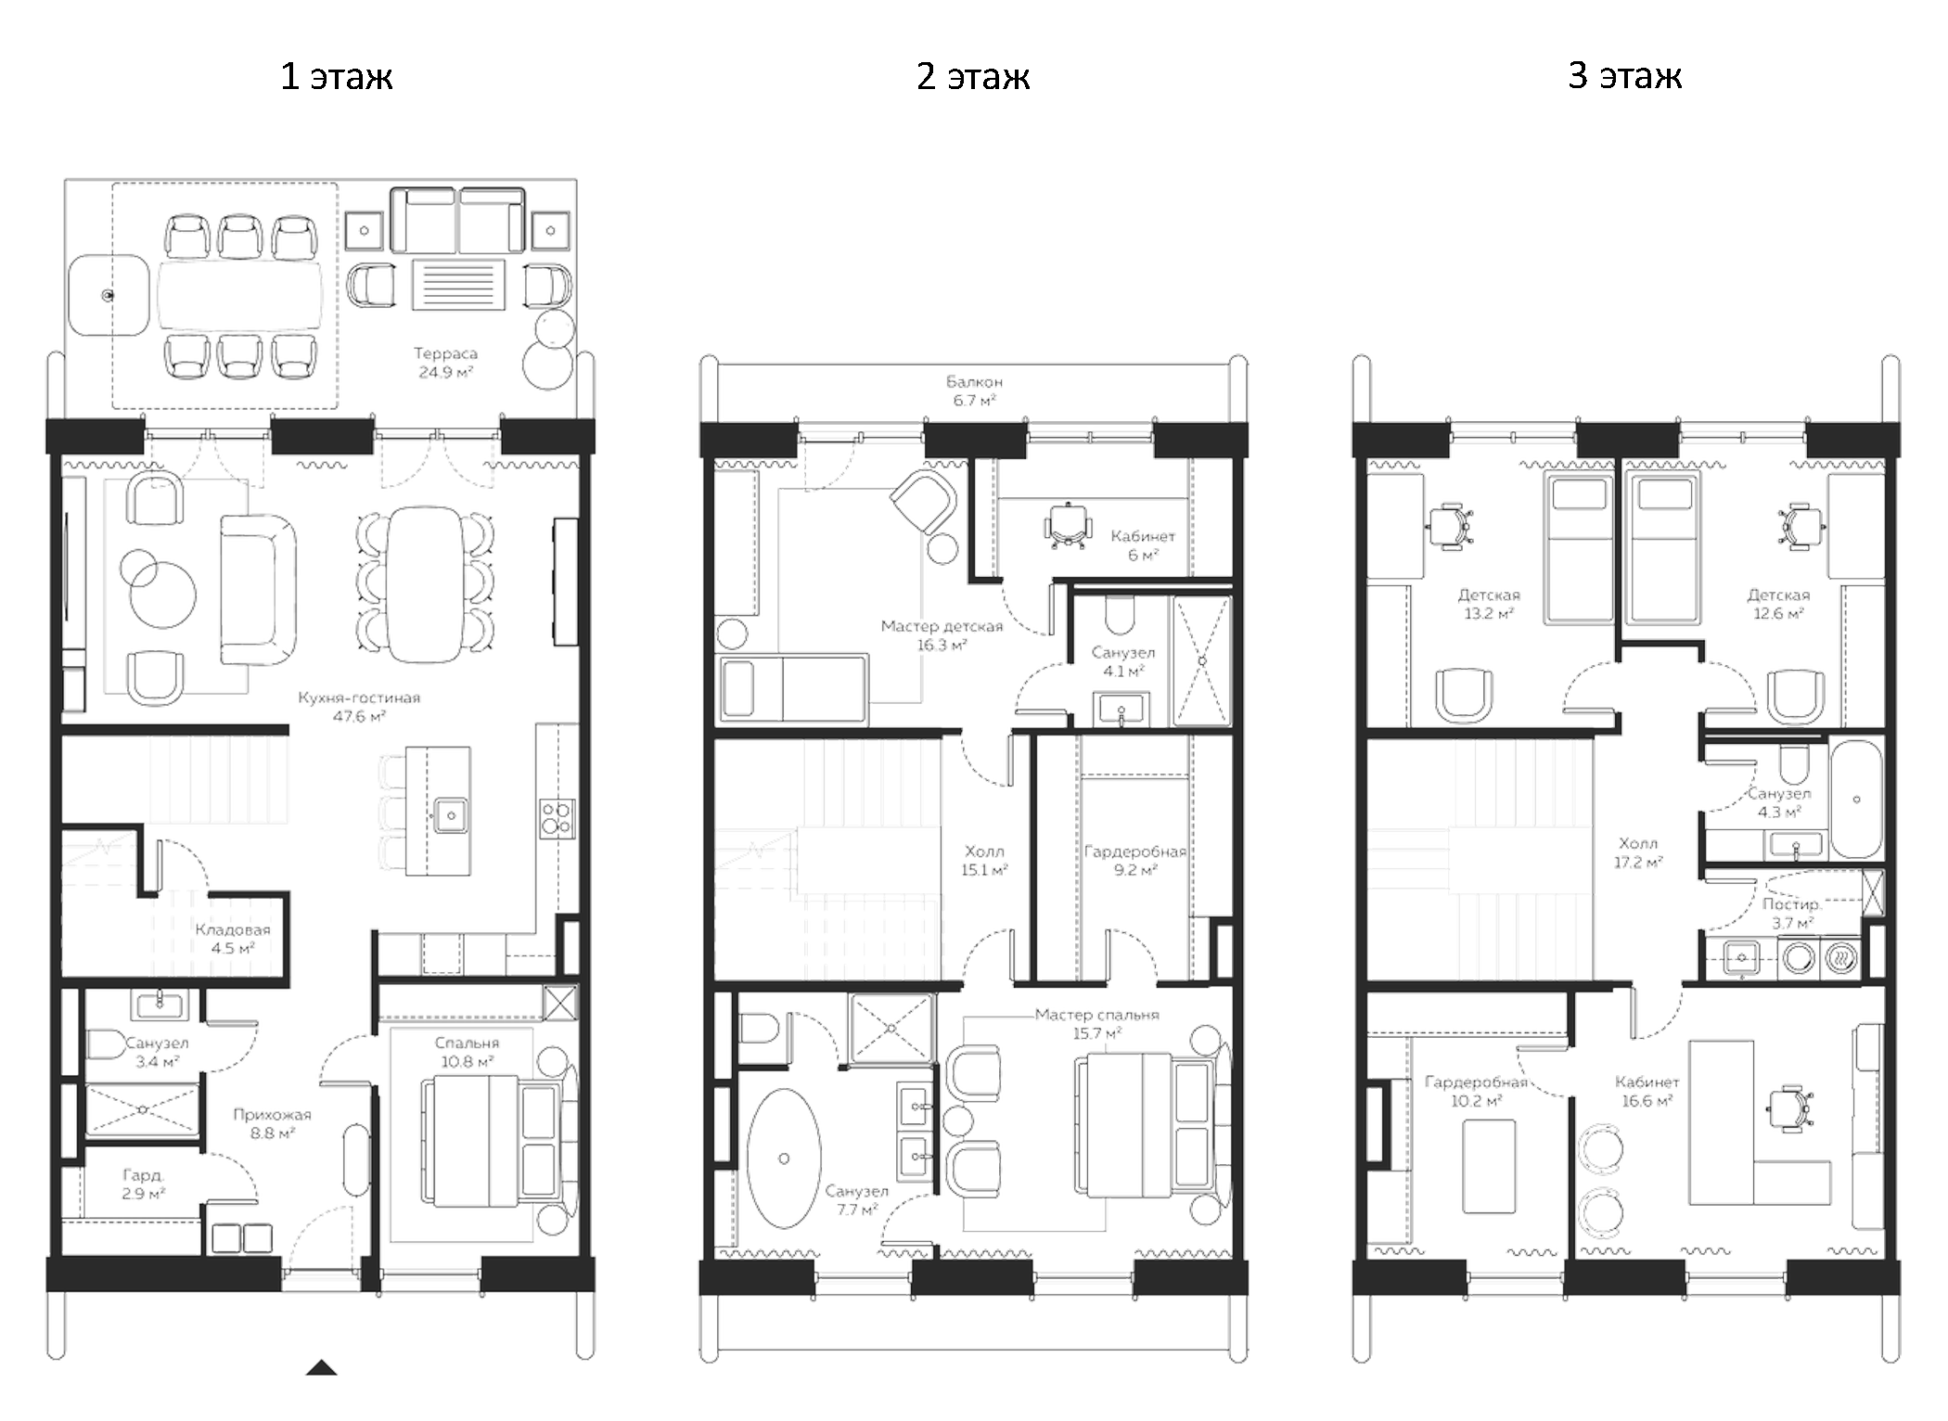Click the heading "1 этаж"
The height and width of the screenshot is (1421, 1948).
(x=336, y=76)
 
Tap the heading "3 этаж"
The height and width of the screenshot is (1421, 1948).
(x=1624, y=76)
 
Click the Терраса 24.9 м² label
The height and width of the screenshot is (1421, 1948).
(x=445, y=363)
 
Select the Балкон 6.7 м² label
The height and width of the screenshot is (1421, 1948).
(x=974, y=390)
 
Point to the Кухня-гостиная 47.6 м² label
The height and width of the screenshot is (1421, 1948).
(x=359, y=706)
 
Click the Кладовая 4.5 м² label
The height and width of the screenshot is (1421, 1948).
(x=233, y=938)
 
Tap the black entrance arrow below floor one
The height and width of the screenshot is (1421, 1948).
(x=321, y=1367)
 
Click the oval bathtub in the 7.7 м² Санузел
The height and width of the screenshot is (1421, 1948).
(x=784, y=1159)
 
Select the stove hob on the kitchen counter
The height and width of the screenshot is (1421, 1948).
(x=557, y=818)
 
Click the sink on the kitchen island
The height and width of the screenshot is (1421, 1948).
(x=451, y=815)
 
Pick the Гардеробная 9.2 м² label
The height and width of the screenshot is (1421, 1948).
(x=1134, y=860)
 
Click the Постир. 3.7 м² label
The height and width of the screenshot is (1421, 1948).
(x=1791, y=913)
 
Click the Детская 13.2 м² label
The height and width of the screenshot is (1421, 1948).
(x=1489, y=604)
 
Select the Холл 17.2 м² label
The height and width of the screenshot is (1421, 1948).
(x=1637, y=852)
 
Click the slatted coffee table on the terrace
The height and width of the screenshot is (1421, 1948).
(x=458, y=285)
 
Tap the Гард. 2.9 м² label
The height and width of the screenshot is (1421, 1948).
(x=143, y=1184)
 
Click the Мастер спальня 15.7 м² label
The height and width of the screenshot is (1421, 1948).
(x=1096, y=1023)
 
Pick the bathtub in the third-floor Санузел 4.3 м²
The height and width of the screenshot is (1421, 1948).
(x=1856, y=799)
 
